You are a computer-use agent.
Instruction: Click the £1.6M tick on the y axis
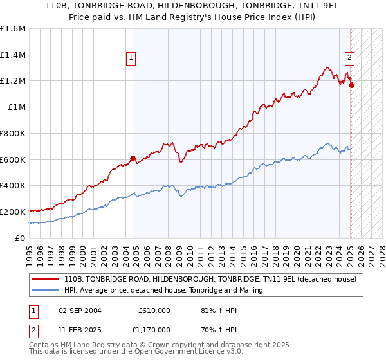coord(13,29)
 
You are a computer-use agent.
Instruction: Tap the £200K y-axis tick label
coord(13,212)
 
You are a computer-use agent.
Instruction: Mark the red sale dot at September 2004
coord(133,158)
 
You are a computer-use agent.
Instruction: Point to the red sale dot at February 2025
coord(351,85)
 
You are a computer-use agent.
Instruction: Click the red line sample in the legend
coord(45,278)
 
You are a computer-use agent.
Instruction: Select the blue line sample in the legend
coord(45,290)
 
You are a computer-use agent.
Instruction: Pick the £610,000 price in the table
coord(154,310)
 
